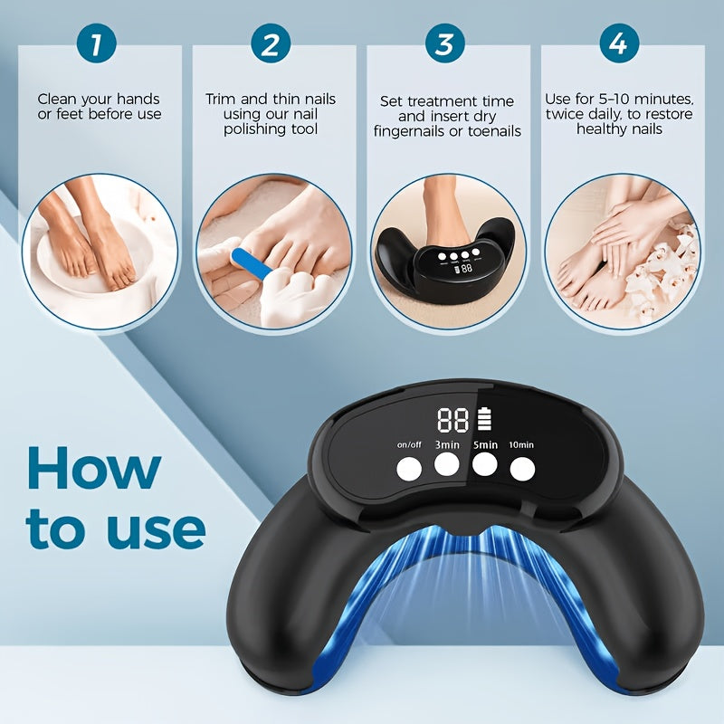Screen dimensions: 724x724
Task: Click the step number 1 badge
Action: click(x=97, y=43)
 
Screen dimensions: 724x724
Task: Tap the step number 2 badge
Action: click(x=271, y=43)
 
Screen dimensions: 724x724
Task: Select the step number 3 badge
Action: click(x=444, y=43)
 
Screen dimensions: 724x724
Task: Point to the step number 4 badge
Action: click(x=619, y=43)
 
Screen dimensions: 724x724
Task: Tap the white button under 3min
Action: click(x=446, y=464)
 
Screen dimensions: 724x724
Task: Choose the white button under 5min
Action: click(x=484, y=464)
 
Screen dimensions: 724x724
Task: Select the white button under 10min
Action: click(x=522, y=470)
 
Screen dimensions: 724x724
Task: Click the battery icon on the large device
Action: click(x=484, y=418)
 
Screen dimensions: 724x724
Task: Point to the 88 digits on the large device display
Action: click(x=453, y=420)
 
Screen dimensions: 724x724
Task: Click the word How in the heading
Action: click(x=94, y=467)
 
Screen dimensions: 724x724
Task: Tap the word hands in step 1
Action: click(x=138, y=99)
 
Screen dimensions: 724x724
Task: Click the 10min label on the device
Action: click(x=521, y=444)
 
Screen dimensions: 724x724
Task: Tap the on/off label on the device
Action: click(x=409, y=444)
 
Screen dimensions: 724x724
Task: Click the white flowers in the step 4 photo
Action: click(x=665, y=268)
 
